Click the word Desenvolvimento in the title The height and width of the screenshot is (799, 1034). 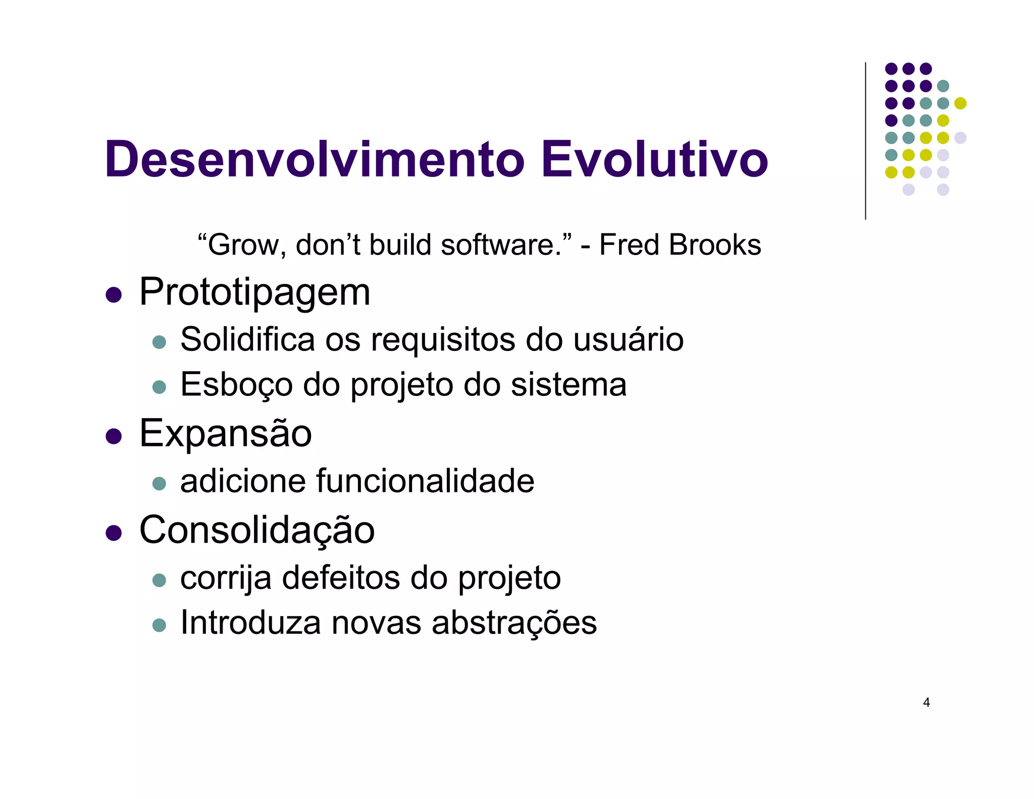click(315, 160)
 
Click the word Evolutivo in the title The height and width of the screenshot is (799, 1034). click(654, 160)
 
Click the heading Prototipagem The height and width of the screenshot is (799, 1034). click(254, 293)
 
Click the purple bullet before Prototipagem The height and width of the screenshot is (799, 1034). click(114, 294)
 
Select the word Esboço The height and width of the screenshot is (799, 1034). click(236, 385)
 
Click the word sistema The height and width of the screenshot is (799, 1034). click(568, 385)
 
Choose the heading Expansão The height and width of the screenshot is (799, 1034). click(225, 433)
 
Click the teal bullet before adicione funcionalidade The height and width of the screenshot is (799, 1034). click(159, 483)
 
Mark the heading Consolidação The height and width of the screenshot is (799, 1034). click(256, 530)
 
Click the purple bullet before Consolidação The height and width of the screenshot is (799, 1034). click(114, 533)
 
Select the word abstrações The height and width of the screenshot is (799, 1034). click(514, 623)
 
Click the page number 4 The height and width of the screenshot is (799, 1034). click(926, 703)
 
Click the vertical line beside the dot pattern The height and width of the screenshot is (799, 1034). click(865, 141)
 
